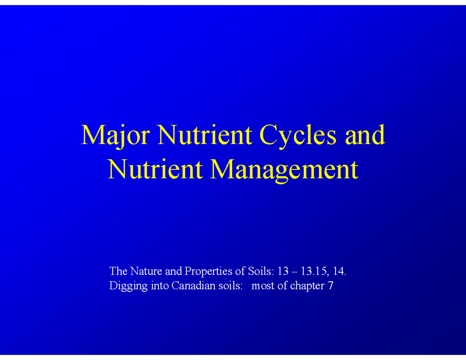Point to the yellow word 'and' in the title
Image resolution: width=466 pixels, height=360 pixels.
363,136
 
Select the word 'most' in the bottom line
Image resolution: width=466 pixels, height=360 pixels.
262,287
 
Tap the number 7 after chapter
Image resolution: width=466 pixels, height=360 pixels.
330,286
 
